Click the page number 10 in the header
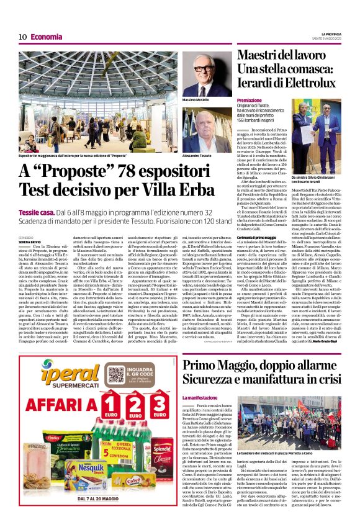pos(22,37)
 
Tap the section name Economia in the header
pos(47,37)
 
